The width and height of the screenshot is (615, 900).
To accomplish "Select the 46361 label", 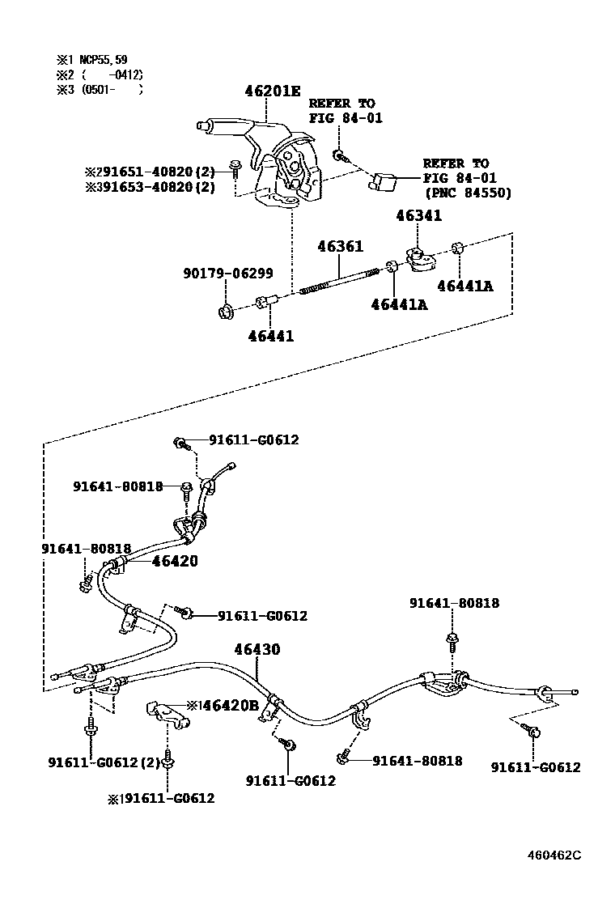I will (340, 247).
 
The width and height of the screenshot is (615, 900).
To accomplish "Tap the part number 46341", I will (419, 216).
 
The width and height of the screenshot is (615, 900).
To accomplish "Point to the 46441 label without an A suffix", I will (271, 336).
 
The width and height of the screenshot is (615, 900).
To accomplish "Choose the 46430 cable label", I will (257, 649).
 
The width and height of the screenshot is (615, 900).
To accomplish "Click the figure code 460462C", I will (555, 855).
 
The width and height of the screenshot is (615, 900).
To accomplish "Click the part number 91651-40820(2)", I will (157, 172).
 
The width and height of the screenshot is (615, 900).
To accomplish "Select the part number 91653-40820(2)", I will (157, 187).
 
